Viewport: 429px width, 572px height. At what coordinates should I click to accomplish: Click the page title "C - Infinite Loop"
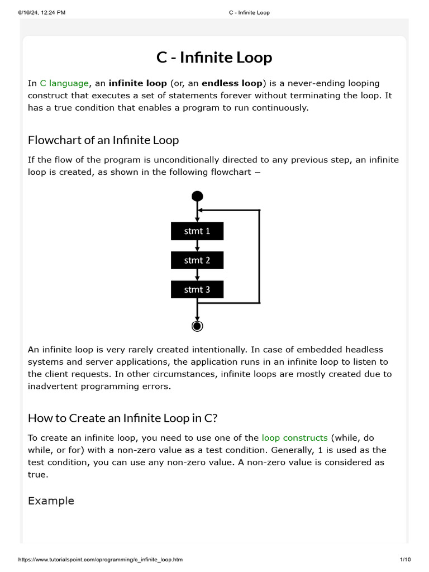point(214,58)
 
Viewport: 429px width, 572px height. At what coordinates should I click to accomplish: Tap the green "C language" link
point(64,83)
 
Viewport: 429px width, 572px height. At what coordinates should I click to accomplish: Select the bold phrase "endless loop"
point(232,83)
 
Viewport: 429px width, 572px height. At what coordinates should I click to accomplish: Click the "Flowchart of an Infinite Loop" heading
point(103,140)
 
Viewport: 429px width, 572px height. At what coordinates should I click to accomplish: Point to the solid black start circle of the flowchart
point(197,196)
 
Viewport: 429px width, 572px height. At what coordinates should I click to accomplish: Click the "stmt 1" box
point(197,231)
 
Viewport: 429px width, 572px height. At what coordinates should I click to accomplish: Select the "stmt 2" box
point(197,260)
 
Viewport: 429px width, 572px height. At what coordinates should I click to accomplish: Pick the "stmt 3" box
point(197,289)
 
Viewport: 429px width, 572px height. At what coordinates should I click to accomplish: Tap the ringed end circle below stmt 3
point(197,326)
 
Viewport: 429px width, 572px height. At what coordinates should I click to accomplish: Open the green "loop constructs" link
point(294,438)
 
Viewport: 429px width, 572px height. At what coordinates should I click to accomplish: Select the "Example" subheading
point(51,500)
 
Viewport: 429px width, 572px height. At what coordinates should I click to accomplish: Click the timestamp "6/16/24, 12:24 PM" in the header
point(34,12)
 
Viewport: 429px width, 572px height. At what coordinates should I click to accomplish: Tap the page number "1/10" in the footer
point(405,559)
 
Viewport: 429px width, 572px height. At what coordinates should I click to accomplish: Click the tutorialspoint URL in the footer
point(101,559)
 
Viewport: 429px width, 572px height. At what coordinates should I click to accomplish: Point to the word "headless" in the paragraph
point(363,350)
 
